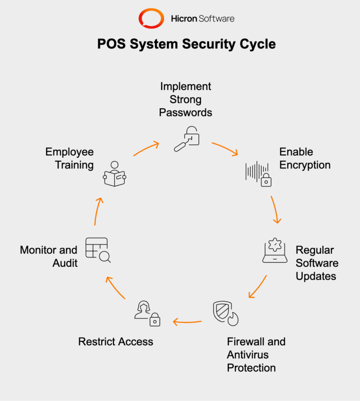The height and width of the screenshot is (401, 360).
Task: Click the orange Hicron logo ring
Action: [151, 19]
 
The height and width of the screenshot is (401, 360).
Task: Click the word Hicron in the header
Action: [184, 19]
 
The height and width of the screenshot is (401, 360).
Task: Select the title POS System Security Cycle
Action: [186, 44]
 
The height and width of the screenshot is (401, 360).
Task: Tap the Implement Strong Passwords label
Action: [186, 99]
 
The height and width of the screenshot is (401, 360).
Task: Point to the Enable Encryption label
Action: [305, 159]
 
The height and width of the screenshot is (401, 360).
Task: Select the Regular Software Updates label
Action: [317, 263]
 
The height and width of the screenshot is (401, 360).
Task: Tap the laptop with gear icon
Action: [274, 250]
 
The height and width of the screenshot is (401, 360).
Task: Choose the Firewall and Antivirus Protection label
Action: [256, 355]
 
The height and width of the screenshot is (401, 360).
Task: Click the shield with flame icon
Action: [225, 313]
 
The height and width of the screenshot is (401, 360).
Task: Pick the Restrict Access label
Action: [115, 341]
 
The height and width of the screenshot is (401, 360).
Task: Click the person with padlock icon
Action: [147, 314]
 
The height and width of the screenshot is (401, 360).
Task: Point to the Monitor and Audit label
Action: [48, 257]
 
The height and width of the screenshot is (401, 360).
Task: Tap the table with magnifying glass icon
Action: [97, 250]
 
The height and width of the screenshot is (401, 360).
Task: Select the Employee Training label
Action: [69, 159]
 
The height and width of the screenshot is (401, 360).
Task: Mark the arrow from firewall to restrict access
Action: [187, 322]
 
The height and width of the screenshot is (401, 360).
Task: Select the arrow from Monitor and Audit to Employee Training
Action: [97, 211]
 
